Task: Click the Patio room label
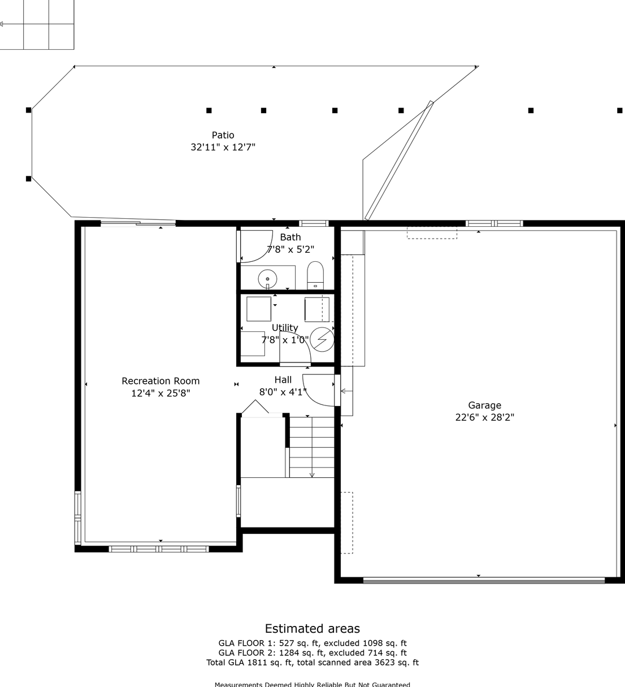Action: click(x=223, y=135)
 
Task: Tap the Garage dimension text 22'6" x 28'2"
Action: click(x=485, y=417)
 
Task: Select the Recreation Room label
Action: click(x=160, y=381)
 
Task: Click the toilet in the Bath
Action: click(x=315, y=275)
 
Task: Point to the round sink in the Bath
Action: click(x=267, y=279)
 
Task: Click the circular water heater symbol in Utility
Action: click(x=322, y=339)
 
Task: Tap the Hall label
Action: click(x=283, y=379)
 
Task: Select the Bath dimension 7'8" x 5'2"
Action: click(x=290, y=249)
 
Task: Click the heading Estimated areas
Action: click(x=312, y=628)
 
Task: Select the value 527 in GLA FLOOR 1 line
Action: click(x=287, y=643)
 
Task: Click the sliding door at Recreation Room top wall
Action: click(x=138, y=224)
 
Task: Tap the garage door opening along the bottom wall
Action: click(x=484, y=580)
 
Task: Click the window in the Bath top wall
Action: click(x=314, y=224)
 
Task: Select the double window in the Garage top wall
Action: click(x=494, y=224)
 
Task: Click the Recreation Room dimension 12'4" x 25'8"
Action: click(x=160, y=393)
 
